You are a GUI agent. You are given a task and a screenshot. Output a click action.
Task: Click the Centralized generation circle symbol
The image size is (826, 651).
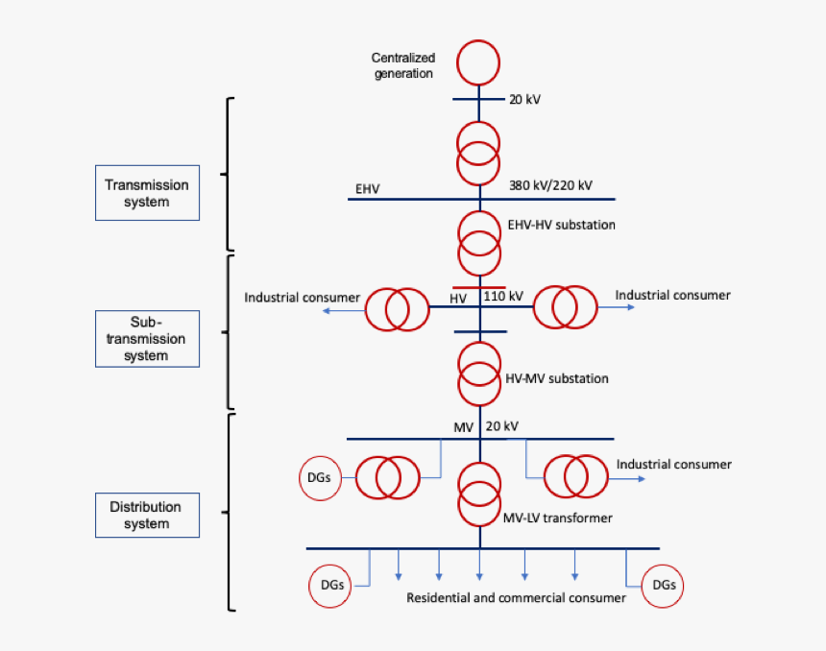tap(478, 62)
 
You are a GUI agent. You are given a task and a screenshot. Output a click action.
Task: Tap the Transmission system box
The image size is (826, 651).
tap(147, 193)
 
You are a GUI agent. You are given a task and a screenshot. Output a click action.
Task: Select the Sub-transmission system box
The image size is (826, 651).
tap(147, 338)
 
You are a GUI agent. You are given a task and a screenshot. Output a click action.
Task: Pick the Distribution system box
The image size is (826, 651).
tap(147, 515)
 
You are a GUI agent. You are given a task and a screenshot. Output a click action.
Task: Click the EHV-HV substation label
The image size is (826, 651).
tap(561, 225)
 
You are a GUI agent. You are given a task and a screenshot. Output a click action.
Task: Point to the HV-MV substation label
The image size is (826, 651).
tap(557, 378)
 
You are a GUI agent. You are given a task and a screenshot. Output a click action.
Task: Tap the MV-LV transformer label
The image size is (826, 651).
tap(557, 518)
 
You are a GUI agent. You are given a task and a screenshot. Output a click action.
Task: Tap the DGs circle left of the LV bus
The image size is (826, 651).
tap(329, 585)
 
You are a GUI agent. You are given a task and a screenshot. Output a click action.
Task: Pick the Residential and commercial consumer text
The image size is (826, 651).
tap(516, 597)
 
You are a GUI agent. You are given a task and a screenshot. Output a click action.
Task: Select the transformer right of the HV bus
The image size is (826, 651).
tap(564, 307)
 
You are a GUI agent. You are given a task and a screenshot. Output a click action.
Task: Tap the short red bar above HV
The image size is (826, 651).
tap(478, 286)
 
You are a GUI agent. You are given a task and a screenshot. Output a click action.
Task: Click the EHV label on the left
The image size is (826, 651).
tap(367, 188)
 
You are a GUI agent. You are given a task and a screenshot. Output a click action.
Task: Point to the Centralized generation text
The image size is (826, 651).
tap(403, 66)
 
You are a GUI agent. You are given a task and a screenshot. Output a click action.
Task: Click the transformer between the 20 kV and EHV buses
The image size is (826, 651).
tap(478, 152)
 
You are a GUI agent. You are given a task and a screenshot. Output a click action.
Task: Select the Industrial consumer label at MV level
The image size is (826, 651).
tap(673, 465)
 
